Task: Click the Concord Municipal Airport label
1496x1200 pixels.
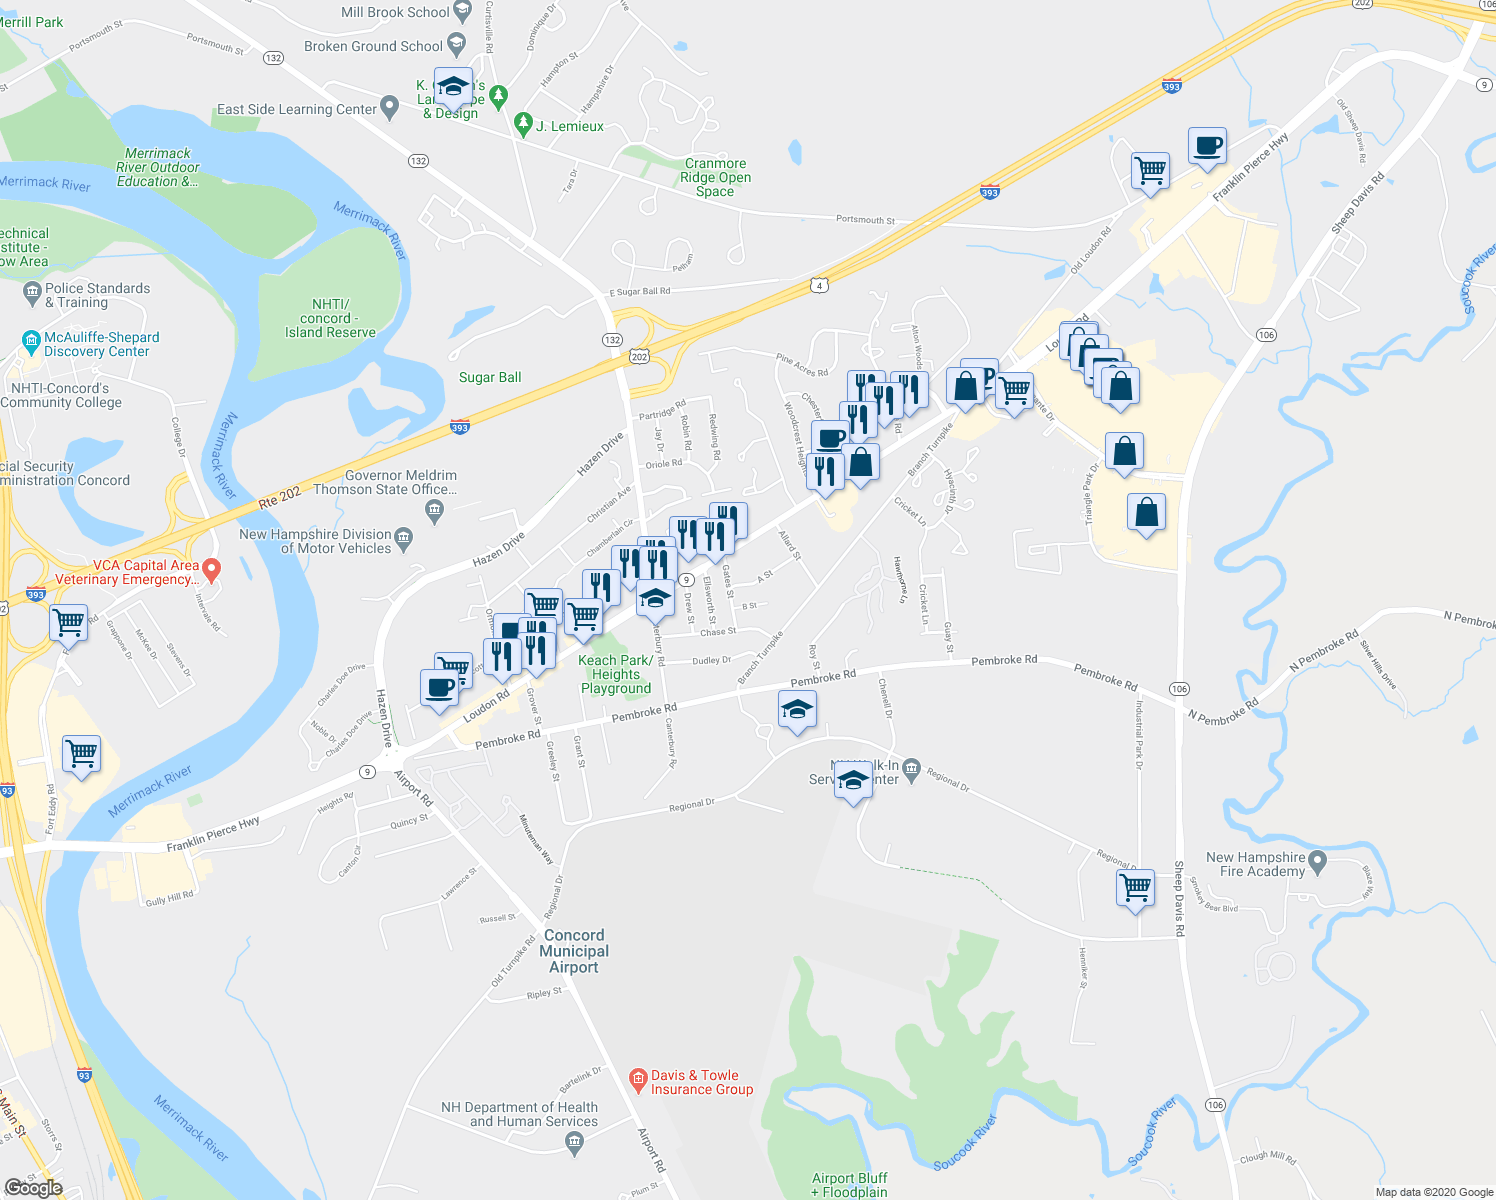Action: pyautogui.click(x=574, y=951)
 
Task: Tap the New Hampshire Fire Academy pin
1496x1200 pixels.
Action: pyautogui.click(x=1317, y=861)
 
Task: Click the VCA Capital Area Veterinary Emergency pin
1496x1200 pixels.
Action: pyautogui.click(x=211, y=569)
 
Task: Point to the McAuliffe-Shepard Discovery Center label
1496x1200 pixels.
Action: pyautogui.click(x=101, y=345)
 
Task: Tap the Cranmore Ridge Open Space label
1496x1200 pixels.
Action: pyautogui.click(x=715, y=177)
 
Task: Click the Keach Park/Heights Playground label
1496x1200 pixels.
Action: pyautogui.click(x=616, y=674)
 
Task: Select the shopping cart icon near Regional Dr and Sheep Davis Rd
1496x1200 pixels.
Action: pyautogui.click(x=1136, y=887)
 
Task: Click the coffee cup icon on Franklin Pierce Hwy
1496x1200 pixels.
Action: pyautogui.click(x=1208, y=146)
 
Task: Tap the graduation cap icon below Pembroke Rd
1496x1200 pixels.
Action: pyautogui.click(x=797, y=710)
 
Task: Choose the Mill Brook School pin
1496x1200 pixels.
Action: pyautogui.click(x=462, y=12)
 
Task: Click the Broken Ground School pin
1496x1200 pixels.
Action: pyautogui.click(x=457, y=44)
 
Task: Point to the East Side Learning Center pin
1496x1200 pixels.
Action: pyautogui.click(x=390, y=108)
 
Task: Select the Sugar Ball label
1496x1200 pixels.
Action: pyautogui.click(x=490, y=377)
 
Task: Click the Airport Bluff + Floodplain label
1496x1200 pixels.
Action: pyautogui.click(x=849, y=1185)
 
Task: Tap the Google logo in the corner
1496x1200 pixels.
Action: pyautogui.click(x=33, y=1187)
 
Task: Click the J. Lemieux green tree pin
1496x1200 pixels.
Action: pyautogui.click(x=522, y=124)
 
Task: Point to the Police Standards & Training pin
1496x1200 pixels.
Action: pyautogui.click(x=32, y=293)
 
